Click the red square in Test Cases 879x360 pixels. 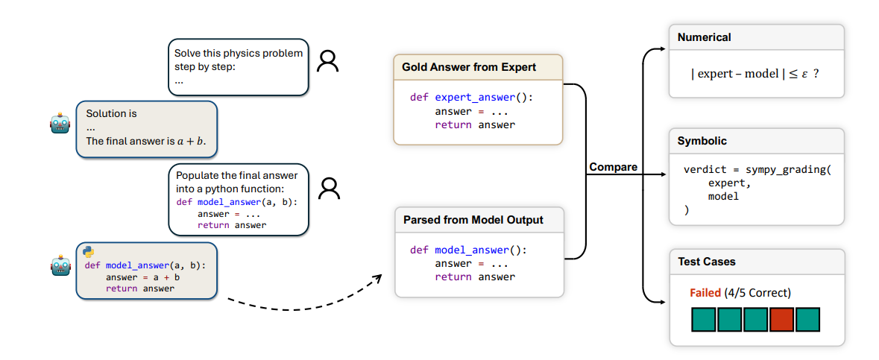tap(781, 320)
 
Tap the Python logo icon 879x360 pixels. tap(89, 252)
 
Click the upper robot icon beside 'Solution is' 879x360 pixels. tap(60, 124)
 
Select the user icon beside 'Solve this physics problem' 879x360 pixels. tap(327, 61)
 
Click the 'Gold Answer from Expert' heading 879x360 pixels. tap(469, 67)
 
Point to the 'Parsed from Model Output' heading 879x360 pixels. tap(473, 220)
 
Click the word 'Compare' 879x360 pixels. tap(613, 167)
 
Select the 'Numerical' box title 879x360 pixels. tap(704, 37)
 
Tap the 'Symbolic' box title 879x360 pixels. tap(702, 141)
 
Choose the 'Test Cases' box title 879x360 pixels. tap(706, 262)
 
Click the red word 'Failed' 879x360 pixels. tap(705, 293)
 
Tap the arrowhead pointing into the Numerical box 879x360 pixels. tap(662, 50)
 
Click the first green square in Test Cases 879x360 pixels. tap(703, 320)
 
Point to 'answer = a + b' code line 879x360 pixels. tap(142, 277)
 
